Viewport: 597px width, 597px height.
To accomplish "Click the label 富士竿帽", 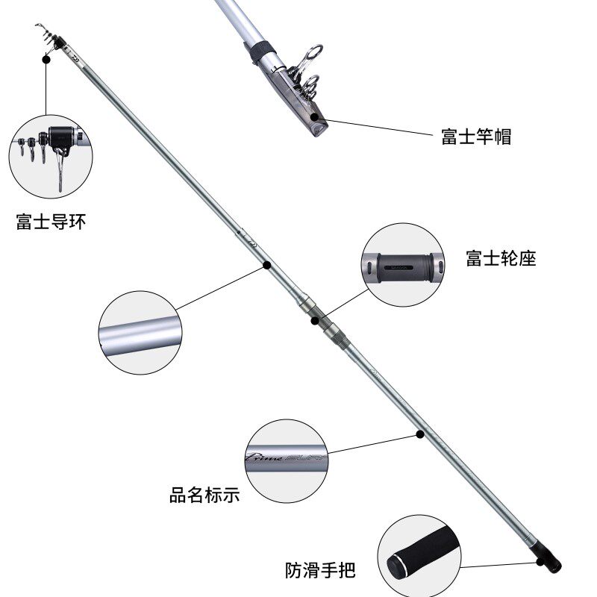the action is coord(475,137).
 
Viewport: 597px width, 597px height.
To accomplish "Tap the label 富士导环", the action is coord(51,222).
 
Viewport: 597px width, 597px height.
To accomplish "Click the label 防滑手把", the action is coord(320,571).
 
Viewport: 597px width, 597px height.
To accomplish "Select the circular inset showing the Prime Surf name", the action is coord(287,461).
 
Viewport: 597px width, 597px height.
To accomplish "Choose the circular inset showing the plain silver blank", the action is coord(140,332).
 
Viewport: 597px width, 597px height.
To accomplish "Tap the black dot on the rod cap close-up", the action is coord(316,116).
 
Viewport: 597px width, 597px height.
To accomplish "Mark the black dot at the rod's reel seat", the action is coord(315,322).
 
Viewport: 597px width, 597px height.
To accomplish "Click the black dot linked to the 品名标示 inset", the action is coord(420,434).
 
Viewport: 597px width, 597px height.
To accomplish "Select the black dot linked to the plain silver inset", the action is coord(266,263).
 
